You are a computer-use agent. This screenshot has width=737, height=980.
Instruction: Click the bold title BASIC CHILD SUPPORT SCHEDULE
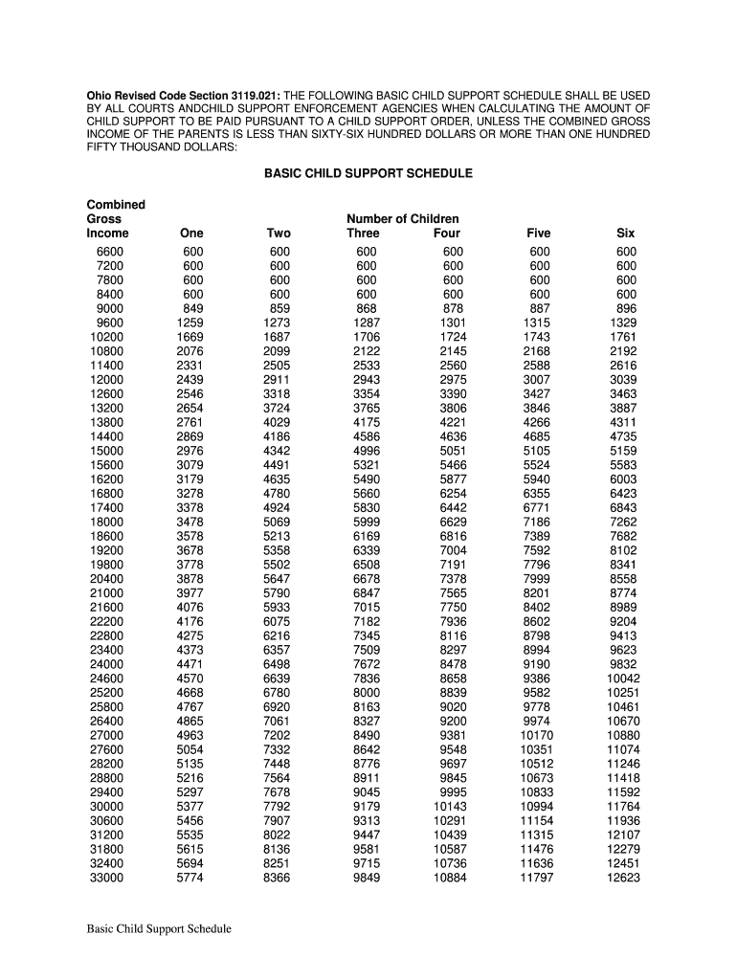368,174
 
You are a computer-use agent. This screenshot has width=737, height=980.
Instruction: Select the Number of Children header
402,219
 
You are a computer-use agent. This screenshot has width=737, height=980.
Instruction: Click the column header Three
364,234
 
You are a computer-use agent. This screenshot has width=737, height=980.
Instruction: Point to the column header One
191,234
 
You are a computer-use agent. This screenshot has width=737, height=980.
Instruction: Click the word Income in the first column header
107,234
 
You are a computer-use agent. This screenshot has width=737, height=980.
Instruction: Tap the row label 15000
106,451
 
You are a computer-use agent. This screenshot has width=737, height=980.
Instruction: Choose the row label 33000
106,878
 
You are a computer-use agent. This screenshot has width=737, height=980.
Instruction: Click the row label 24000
106,664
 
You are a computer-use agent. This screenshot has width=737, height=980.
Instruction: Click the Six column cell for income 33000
623,878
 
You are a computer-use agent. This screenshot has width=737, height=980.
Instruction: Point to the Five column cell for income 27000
537,736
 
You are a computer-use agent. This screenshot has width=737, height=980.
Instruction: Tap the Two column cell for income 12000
278,380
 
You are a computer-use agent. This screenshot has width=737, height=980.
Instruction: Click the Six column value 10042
623,679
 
